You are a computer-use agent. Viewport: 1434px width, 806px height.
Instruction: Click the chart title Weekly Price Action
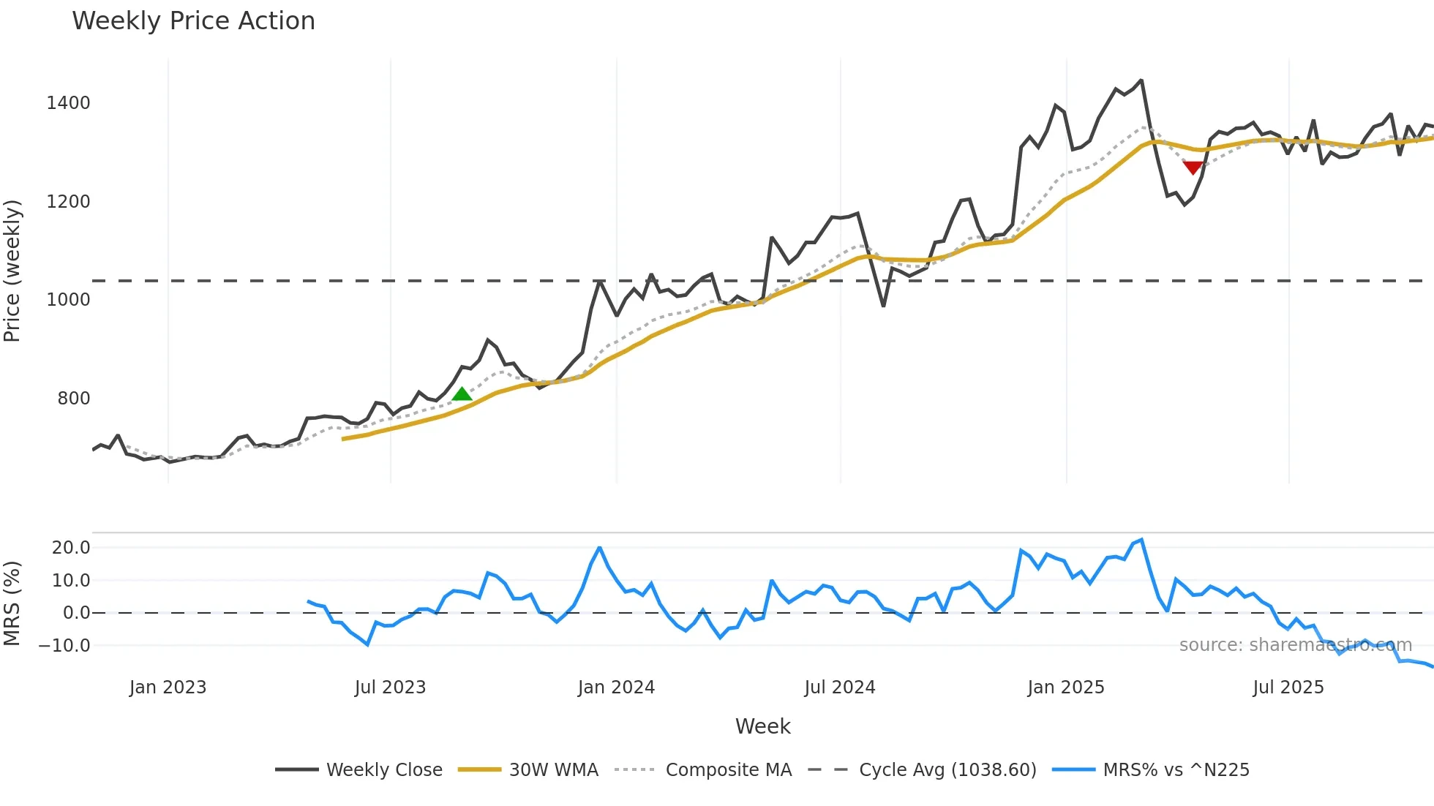[x=193, y=21]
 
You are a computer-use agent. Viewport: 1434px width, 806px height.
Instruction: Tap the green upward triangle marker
[x=462, y=394]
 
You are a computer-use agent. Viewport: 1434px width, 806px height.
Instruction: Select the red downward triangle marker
[x=1193, y=168]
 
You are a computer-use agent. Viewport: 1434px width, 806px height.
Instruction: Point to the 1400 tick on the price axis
[x=68, y=103]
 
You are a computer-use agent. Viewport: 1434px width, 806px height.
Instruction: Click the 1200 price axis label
[x=68, y=202]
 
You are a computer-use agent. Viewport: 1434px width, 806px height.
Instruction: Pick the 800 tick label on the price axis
[x=74, y=399]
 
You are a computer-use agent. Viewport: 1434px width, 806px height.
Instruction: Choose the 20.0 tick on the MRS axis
[x=71, y=548]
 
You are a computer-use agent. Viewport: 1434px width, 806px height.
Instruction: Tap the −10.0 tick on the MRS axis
[x=64, y=646]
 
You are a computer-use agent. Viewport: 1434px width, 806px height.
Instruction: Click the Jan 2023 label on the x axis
[x=168, y=688]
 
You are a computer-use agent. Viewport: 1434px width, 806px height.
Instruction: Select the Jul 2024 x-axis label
[x=840, y=688]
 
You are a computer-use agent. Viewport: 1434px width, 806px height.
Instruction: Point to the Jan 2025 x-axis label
[x=1066, y=688]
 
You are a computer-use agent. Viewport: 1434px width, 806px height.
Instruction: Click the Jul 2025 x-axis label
[x=1288, y=688]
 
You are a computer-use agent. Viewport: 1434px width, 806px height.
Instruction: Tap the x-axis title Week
[x=762, y=726]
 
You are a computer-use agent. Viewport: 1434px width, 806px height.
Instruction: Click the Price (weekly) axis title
[x=12, y=271]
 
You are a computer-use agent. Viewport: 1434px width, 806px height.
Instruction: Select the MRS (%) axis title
[x=12, y=603]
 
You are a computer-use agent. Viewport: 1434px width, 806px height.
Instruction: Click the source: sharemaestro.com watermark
[x=1295, y=645]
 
